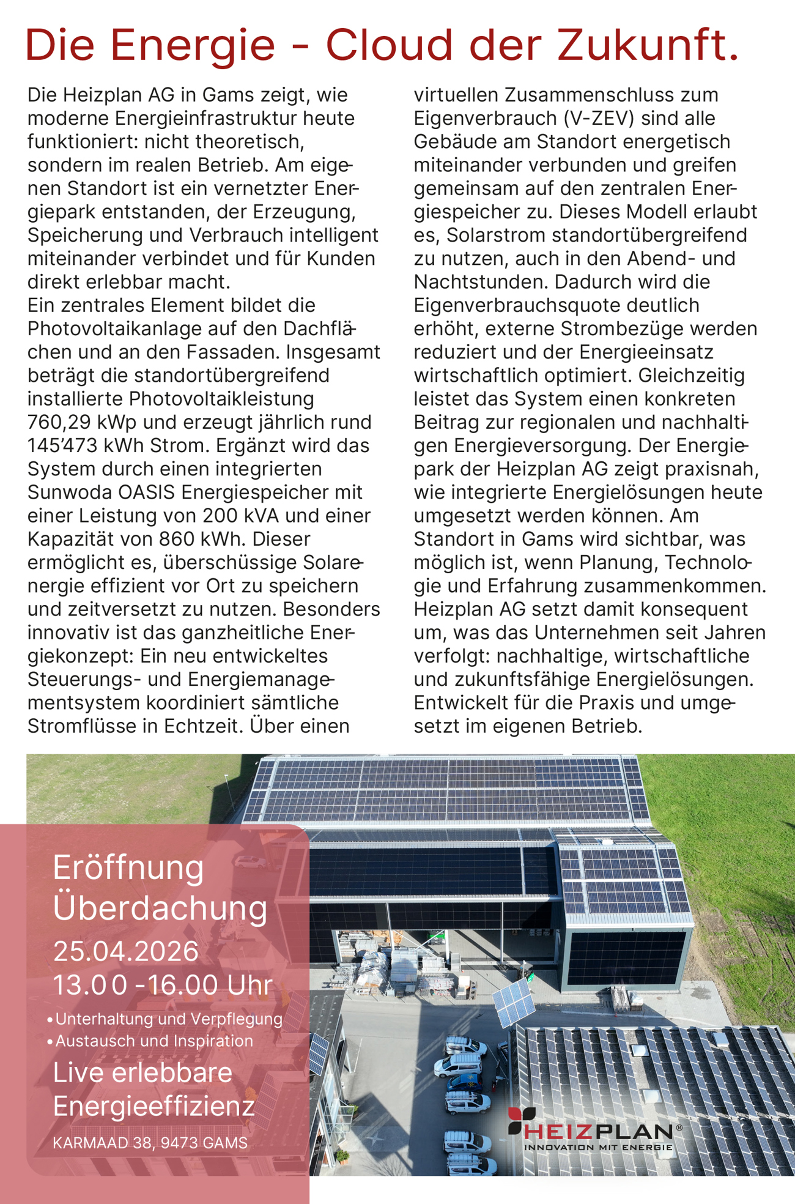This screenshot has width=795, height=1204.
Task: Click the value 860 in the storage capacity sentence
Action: [177, 539]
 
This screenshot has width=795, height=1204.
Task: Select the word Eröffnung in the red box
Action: [128, 868]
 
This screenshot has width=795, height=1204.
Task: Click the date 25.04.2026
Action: [126, 951]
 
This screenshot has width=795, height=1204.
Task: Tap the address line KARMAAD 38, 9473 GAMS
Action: [150, 1143]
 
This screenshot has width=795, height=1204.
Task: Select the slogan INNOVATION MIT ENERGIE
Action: [598, 1148]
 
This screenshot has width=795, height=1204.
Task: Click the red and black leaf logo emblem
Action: [521, 1120]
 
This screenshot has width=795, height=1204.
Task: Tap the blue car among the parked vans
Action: [464, 1082]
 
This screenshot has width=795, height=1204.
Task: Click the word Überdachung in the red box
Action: [160, 908]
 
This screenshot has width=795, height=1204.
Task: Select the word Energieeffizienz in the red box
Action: [153, 1106]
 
